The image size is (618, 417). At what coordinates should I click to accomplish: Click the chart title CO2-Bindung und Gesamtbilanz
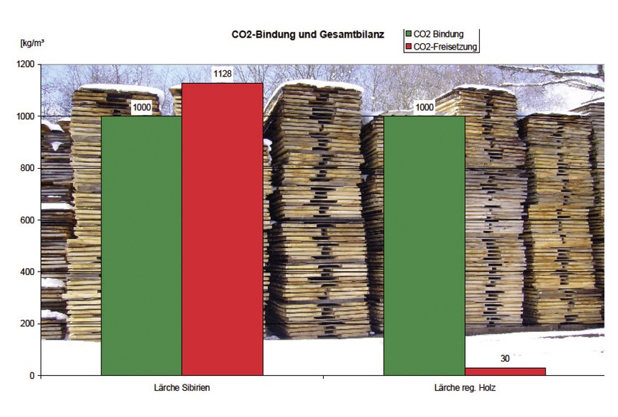307,34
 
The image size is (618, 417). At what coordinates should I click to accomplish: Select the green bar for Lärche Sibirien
142,245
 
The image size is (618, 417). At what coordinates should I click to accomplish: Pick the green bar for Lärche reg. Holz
424,245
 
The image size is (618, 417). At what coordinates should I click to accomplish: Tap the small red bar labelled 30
505,371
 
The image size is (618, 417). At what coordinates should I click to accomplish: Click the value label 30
505,359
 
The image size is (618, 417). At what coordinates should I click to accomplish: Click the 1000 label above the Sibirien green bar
142,107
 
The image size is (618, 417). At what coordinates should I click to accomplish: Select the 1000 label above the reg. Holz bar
424,107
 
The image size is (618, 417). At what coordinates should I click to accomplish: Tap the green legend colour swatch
408,34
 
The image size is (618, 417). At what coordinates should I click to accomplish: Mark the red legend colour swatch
408,46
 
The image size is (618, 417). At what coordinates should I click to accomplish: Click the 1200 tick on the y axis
25,65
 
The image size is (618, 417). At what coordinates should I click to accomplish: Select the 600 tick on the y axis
27,220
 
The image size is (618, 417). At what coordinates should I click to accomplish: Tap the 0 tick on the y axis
31,375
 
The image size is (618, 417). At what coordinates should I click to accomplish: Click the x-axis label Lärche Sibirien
182,388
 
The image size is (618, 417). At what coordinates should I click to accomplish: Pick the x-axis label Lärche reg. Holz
464,388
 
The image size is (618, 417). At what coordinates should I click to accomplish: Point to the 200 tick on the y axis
27,323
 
